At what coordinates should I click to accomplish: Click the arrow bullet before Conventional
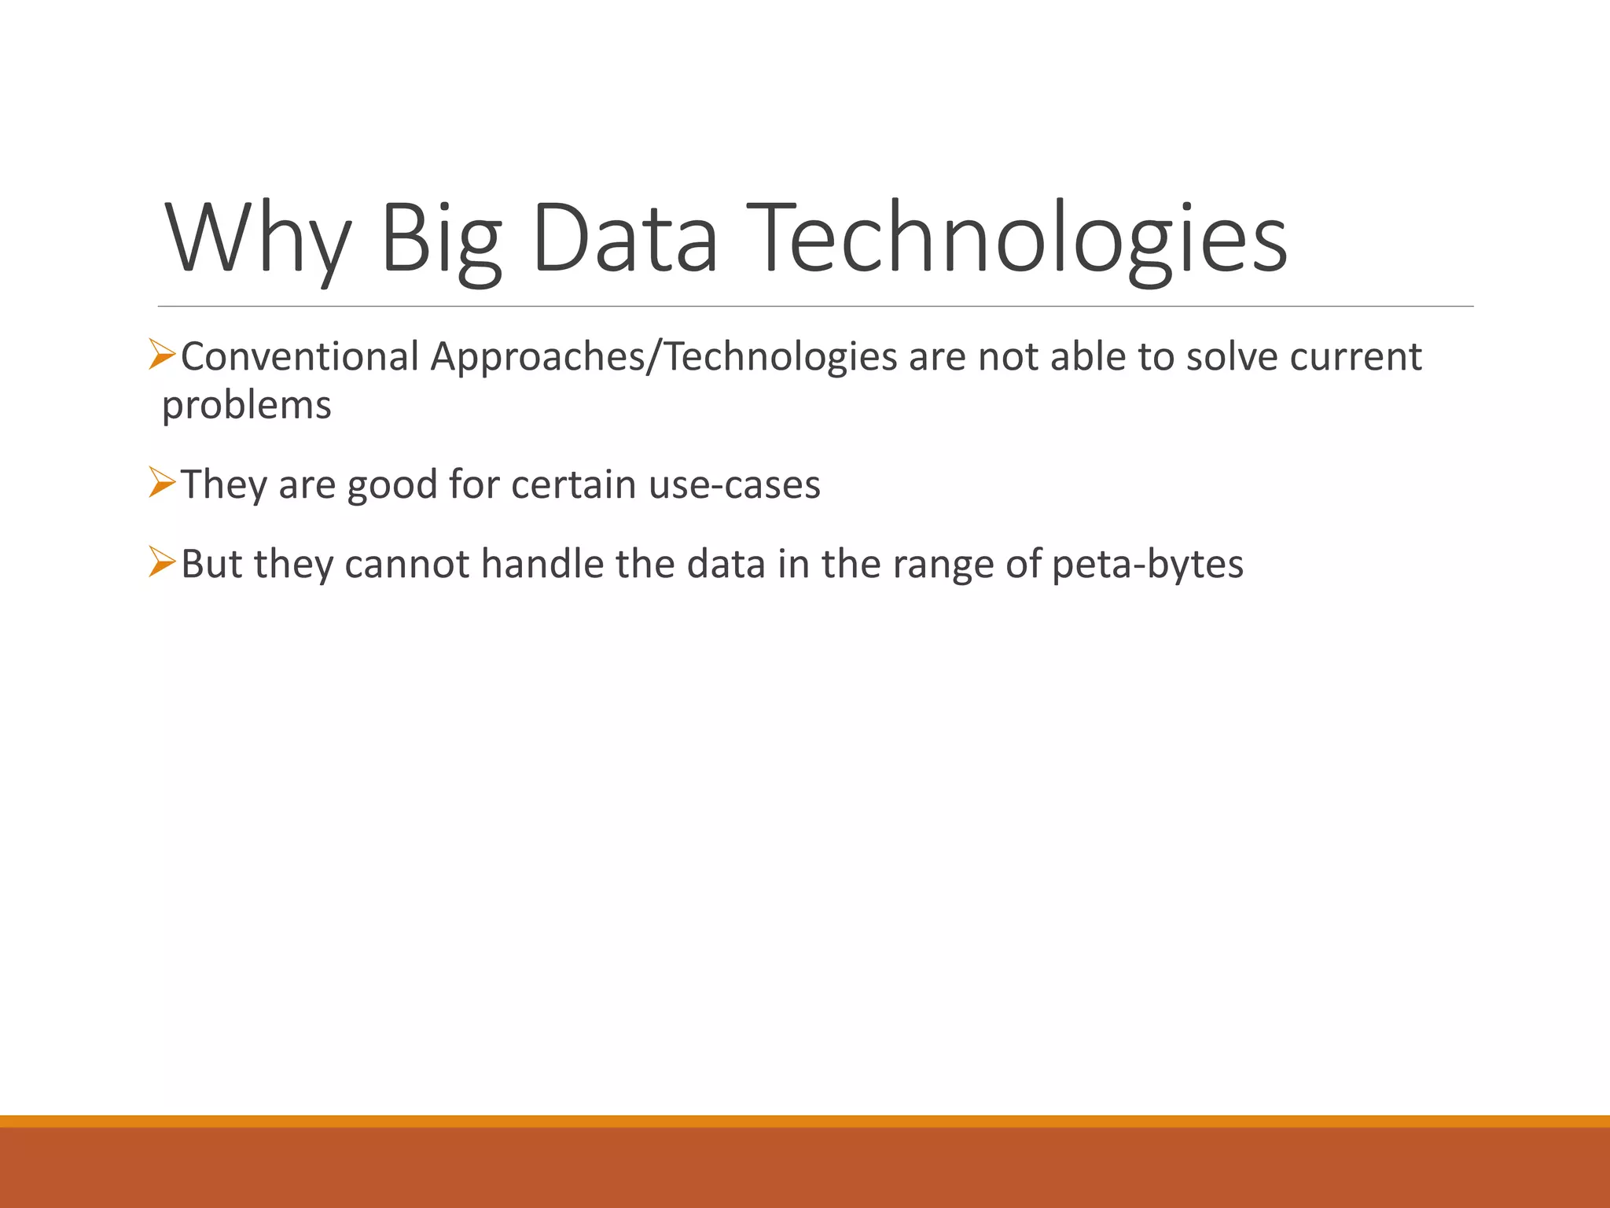pos(162,355)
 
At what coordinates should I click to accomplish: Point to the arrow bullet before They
pos(162,482)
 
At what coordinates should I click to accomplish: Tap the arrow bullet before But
pos(162,562)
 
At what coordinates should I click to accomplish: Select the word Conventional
pos(300,356)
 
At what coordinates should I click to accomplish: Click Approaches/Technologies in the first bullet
pos(663,356)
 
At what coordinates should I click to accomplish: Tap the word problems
pos(247,406)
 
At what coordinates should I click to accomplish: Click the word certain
pos(573,484)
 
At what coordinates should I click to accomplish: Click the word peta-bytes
pos(1147,564)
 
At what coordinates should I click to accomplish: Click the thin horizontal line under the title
pos(815,306)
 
